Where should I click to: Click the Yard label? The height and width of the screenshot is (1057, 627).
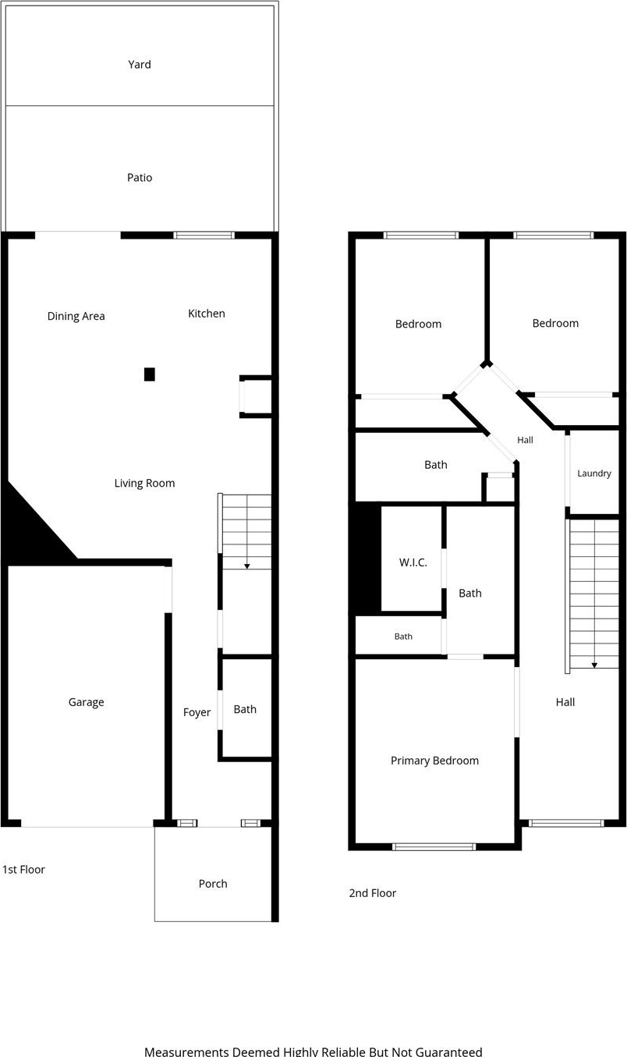(x=140, y=64)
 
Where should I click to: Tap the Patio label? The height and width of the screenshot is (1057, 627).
(x=140, y=177)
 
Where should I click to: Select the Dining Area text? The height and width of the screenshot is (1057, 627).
(x=76, y=316)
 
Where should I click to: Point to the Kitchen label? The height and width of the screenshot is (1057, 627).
(x=206, y=314)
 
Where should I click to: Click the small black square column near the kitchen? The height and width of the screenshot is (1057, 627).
(x=150, y=374)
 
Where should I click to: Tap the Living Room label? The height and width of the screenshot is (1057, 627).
(x=144, y=483)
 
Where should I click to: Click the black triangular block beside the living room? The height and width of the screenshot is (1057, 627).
(x=33, y=534)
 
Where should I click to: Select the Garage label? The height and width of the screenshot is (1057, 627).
(x=86, y=702)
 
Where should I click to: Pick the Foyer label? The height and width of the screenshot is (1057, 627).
(x=197, y=712)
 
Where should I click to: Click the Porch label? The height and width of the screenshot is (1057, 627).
(x=213, y=883)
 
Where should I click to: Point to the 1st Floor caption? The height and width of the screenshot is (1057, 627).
(x=23, y=869)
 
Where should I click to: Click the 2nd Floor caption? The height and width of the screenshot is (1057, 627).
(x=372, y=892)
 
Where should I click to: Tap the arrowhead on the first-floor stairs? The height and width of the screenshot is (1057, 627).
(x=246, y=566)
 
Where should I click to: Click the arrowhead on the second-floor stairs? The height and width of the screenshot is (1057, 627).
(x=594, y=665)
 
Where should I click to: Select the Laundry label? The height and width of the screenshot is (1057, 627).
(x=594, y=474)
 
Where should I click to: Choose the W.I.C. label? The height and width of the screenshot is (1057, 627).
(x=413, y=562)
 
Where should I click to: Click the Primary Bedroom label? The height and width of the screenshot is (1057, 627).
(x=434, y=761)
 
